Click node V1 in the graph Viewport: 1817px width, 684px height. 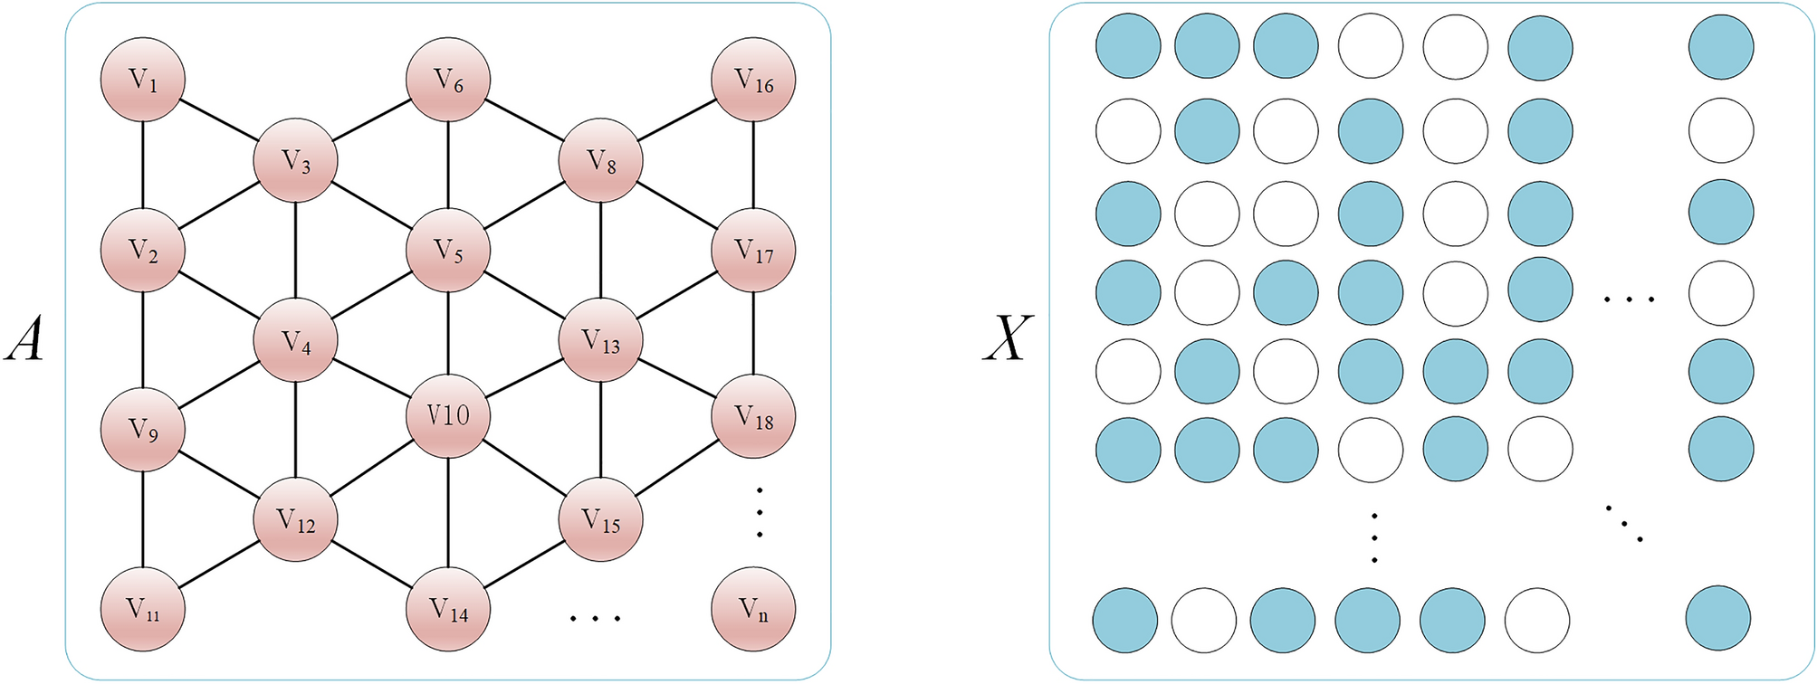142,80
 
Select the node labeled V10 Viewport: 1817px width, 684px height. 448,416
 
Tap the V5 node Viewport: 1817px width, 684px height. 448,250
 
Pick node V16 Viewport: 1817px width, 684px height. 753,80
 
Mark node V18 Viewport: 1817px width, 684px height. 753,417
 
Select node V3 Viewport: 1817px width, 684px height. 295,162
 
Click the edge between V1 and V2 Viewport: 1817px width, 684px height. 142,165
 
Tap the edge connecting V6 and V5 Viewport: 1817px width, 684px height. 448,165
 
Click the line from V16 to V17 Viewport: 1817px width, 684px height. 753,165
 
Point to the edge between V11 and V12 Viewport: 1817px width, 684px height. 219,565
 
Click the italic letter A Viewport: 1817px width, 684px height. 24,342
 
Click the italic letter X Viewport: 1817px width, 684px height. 1007,342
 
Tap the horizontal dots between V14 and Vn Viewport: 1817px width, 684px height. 595,618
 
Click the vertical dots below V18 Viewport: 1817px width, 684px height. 760,512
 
